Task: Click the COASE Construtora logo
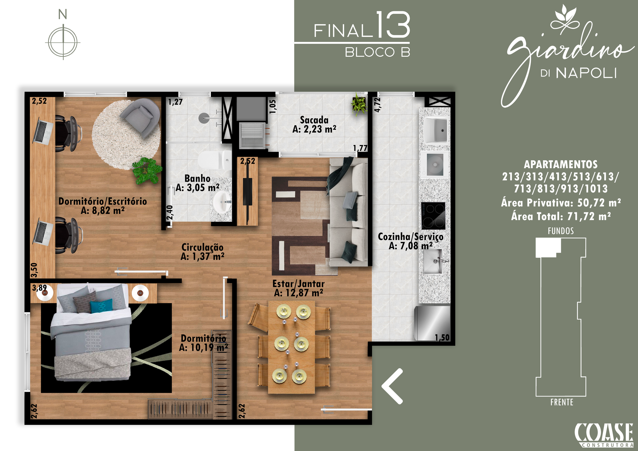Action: click(604, 435)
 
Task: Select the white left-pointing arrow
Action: click(392, 386)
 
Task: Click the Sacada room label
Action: click(314, 120)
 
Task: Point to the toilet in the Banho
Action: click(215, 160)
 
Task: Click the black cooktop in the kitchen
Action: click(433, 216)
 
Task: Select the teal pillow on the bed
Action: click(101, 306)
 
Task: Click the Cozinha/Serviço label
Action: click(411, 236)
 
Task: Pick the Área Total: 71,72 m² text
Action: click(561, 216)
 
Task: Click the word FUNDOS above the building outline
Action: click(561, 231)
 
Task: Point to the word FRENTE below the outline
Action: click(562, 402)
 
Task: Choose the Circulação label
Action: click(202, 247)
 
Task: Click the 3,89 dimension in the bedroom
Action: click(39, 288)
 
